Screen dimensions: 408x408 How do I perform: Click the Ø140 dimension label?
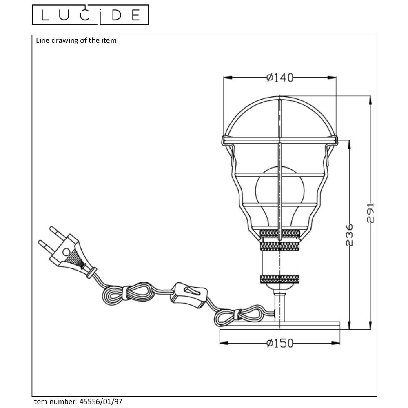[280, 78]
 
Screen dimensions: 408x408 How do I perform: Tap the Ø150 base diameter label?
[280, 343]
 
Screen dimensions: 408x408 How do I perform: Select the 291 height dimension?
[370, 213]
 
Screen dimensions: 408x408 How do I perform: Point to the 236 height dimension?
[350, 235]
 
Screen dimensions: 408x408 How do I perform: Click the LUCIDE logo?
[90, 15]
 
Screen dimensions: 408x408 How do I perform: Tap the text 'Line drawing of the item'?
[76, 40]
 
